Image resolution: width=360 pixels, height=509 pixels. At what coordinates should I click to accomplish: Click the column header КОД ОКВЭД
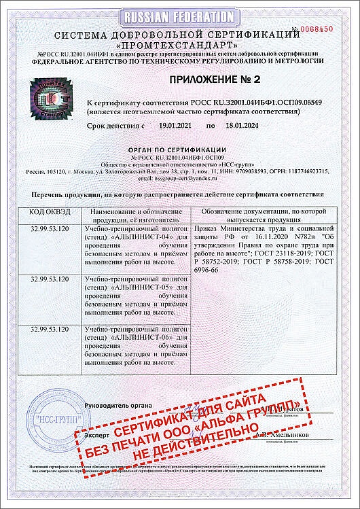49,213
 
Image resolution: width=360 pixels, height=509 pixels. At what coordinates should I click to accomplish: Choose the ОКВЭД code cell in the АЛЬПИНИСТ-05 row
49,279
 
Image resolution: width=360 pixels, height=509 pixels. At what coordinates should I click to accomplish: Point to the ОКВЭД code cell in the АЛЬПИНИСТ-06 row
49,330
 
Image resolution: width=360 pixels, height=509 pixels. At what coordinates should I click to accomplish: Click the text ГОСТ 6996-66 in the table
216,270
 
